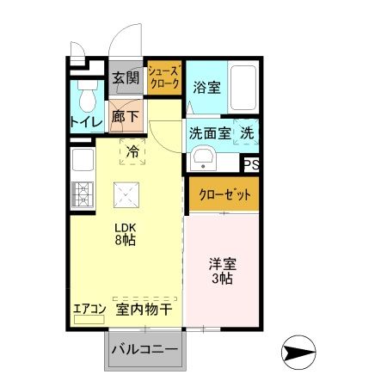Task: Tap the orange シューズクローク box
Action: click(x=163, y=78)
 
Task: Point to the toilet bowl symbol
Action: click(x=85, y=100)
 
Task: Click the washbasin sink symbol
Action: click(x=204, y=158)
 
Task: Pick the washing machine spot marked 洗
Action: click(x=246, y=134)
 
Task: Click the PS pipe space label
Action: click(x=251, y=164)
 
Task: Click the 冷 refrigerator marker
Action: click(x=132, y=150)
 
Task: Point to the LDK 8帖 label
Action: click(x=126, y=234)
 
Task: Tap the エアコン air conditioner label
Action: click(x=89, y=308)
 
